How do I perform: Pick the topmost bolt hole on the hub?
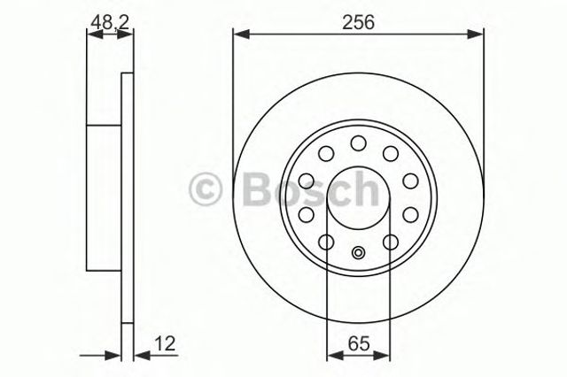(358, 142)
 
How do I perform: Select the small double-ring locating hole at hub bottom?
(358, 252)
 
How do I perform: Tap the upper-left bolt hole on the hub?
(326, 154)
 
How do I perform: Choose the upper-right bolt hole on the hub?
(390, 154)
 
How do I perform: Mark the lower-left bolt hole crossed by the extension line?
(327, 242)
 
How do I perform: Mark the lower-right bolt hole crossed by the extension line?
(389, 242)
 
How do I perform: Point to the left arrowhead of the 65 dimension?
(332, 356)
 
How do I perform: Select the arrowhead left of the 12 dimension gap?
(114, 356)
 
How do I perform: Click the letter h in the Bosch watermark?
(377, 187)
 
